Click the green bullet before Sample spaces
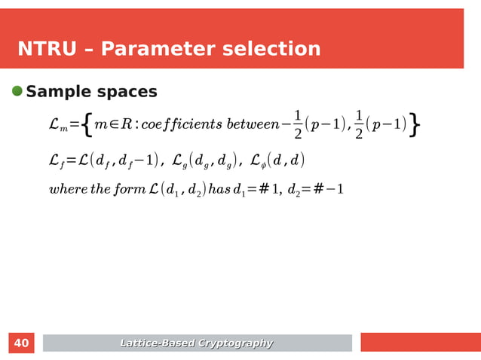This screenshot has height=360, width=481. point(17,91)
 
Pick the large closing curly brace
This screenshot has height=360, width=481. point(416,125)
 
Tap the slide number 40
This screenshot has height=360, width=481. point(22,343)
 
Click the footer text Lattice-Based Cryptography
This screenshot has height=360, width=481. point(197,343)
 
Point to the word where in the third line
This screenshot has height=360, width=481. point(68,188)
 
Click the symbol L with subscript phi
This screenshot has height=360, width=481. point(259,160)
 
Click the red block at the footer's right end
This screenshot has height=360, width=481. point(420,343)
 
